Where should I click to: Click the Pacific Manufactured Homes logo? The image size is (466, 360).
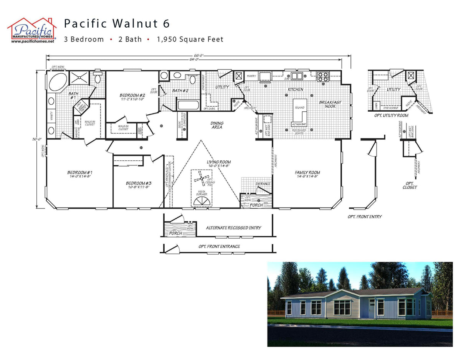click(32, 30)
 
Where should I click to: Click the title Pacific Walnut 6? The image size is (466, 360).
click(117, 24)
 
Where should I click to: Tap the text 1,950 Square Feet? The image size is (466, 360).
click(190, 39)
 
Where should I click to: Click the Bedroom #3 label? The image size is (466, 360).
click(139, 185)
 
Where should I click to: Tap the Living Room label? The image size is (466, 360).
click(218, 164)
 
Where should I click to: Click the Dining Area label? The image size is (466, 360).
click(217, 125)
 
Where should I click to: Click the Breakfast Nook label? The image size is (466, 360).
click(330, 104)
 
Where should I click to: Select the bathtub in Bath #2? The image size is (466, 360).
click(188, 104)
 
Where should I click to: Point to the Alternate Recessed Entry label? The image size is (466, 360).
click(233, 228)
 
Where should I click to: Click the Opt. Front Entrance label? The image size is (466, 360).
click(219, 246)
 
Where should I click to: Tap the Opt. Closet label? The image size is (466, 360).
click(410, 185)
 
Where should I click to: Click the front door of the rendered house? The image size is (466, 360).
click(371, 309)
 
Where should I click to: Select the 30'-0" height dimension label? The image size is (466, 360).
click(37, 139)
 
